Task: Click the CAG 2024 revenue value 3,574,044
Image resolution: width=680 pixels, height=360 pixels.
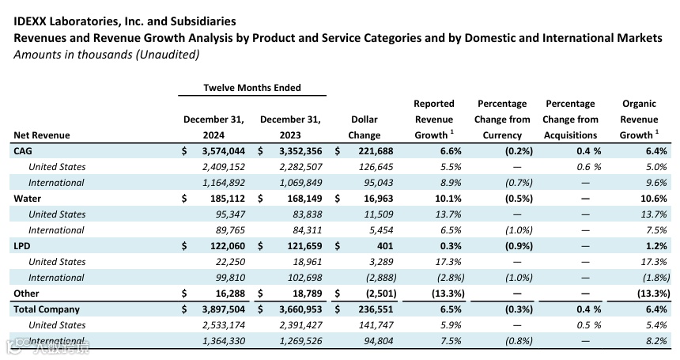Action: click(x=223, y=151)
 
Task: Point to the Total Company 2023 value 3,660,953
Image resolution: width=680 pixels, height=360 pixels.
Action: click(x=300, y=309)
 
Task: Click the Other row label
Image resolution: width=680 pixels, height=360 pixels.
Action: click(x=26, y=294)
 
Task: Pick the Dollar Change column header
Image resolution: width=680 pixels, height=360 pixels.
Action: click(x=365, y=127)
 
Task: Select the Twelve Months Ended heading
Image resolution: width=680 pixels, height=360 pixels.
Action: click(x=252, y=88)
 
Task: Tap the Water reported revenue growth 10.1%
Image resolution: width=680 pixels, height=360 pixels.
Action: click(x=448, y=199)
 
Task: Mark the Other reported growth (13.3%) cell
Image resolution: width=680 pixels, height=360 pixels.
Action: click(x=448, y=294)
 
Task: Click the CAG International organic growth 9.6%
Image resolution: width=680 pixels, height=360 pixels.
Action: click(x=656, y=183)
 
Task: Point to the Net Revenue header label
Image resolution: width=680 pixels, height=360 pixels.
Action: click(x=42, y=135)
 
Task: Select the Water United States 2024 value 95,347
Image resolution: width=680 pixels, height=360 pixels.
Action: click(x=230, y=214)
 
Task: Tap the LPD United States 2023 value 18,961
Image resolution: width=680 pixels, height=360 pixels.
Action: click(x=308, y=262)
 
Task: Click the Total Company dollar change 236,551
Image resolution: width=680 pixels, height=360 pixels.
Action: click(x=376, y=309)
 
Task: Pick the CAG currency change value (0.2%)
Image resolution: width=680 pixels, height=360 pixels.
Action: click(x=519, y=151)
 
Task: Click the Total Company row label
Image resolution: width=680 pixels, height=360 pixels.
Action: click(x=47, y=309)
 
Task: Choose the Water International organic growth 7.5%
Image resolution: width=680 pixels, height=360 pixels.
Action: click(x=656, y=230)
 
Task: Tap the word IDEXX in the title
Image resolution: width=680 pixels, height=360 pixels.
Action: click(x=29, y=21)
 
